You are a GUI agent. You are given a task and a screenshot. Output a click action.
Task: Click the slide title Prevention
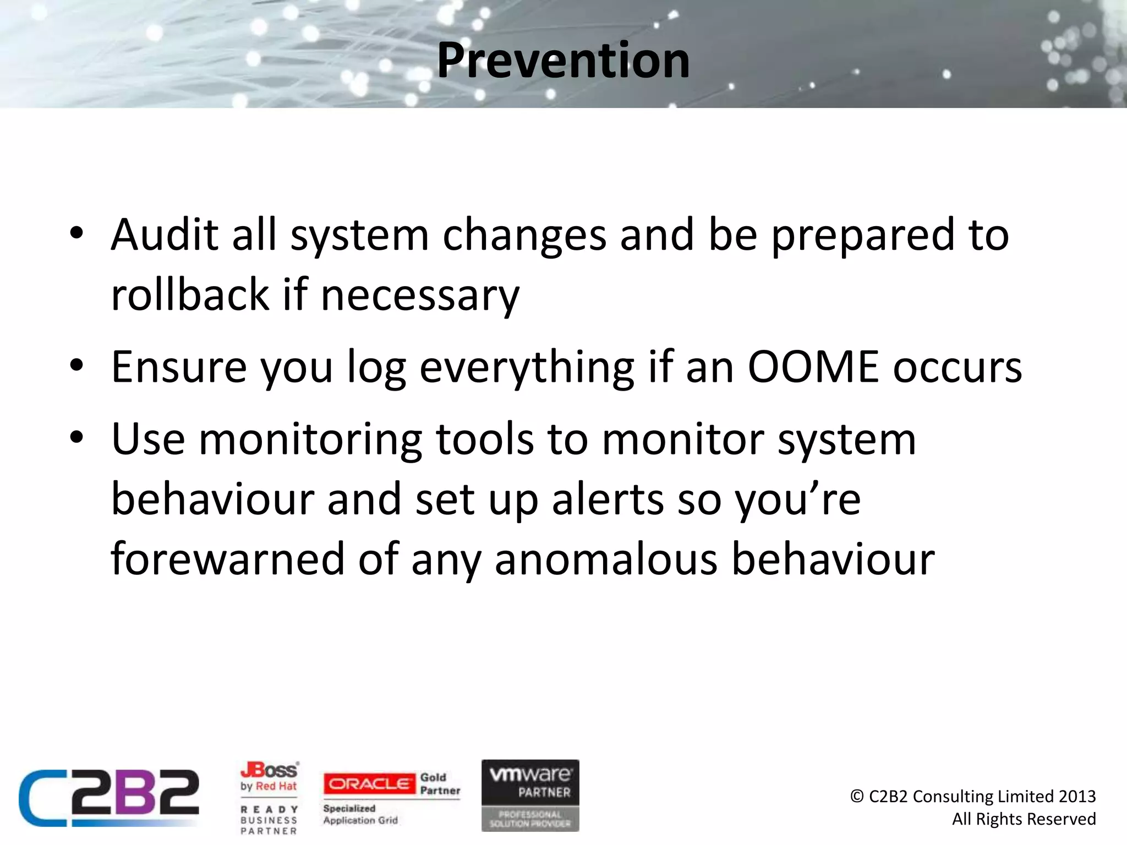[563, 61]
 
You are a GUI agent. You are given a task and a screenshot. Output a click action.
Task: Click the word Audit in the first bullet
[164, 235]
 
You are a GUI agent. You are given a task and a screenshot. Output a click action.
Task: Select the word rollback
[190, 294]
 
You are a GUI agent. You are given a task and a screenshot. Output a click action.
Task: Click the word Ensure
[179, 367]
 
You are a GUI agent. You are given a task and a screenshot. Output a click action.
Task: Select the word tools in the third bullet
[484, 439]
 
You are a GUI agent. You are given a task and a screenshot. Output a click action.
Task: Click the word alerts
[608, 499]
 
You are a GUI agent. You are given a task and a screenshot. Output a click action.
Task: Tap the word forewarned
[227, 559]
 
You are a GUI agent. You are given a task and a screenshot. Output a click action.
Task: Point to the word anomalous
[606, 560]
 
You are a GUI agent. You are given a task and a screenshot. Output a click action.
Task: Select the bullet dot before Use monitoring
[76, 438]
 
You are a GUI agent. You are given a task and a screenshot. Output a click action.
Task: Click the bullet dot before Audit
[76, 233]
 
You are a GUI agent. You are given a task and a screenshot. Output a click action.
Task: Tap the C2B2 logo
[109, 798]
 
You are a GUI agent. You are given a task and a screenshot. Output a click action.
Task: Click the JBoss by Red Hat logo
[269, 776]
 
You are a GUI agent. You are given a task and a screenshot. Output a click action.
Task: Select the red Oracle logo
[369, 783]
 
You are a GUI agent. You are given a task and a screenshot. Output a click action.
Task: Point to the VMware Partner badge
[530, 794]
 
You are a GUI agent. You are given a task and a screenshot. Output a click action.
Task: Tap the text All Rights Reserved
[1024, 819]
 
